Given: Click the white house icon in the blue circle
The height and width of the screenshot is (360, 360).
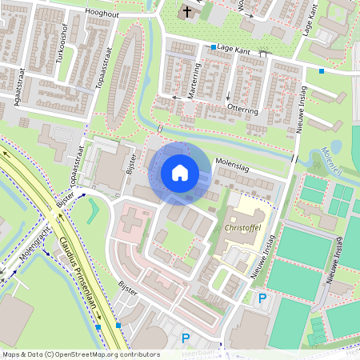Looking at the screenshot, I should [x=180, y=172].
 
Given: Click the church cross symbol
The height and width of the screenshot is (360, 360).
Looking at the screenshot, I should [x=187, y=12].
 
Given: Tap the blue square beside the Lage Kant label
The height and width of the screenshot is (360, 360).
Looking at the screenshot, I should [x=214, y=47].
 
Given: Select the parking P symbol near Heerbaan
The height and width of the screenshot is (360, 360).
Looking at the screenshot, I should [x=186, y=338].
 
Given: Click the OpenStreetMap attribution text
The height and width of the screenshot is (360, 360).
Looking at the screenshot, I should [x=80, y=354].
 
